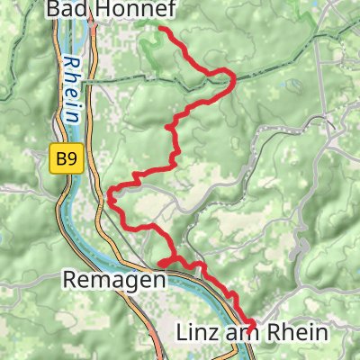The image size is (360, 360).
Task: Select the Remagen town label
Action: (115, 280)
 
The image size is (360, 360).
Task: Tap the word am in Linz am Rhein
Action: (241, 332)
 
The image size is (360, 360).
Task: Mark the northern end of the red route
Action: (162, 30)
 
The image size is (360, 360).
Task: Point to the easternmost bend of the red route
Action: (233, 80)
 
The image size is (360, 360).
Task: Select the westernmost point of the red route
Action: (110, 193)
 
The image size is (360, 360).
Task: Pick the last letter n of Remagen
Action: (160, 280)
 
